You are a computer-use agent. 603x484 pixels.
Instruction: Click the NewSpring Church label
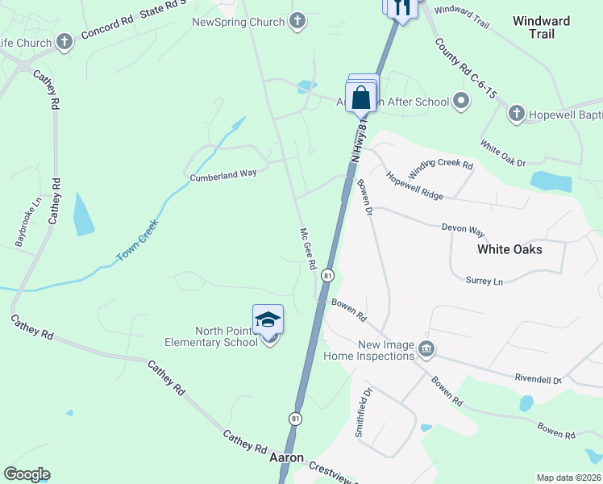238,21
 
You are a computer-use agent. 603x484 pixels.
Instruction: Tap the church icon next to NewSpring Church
297,21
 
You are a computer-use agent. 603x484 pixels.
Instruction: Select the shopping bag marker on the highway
362,98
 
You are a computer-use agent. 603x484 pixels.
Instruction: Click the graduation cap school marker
268,321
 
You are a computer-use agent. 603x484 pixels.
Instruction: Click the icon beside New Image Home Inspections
427,349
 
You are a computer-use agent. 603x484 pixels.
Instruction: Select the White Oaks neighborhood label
509,249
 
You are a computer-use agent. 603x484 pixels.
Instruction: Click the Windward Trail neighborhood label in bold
542,27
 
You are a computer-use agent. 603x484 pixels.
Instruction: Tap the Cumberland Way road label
222,173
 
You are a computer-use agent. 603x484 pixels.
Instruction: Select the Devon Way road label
463,228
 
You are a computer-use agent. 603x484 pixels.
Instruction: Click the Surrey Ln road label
484,281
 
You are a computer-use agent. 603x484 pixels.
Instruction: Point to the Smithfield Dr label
363,413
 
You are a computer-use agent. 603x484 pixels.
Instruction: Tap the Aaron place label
286,457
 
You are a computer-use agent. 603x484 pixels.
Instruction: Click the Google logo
27,474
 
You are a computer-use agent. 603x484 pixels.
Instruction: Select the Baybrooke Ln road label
27,223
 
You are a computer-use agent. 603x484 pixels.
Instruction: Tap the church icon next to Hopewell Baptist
516,115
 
